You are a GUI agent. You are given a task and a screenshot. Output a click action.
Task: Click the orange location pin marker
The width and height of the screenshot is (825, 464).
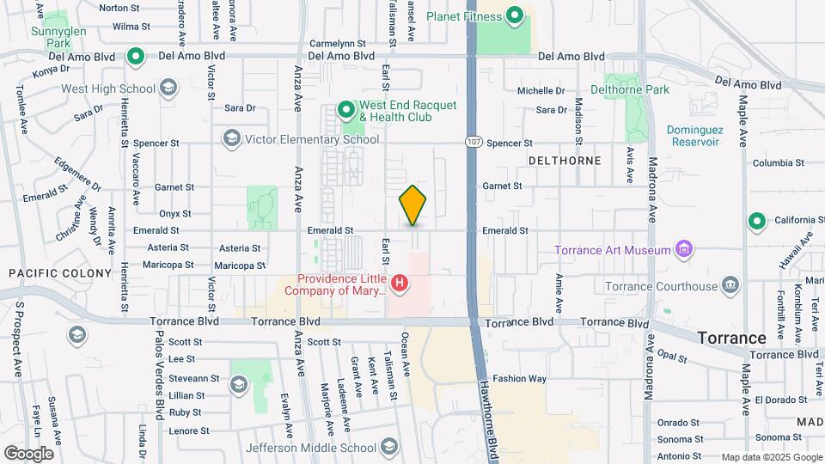412,205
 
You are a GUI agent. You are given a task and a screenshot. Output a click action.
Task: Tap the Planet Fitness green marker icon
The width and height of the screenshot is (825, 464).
515,15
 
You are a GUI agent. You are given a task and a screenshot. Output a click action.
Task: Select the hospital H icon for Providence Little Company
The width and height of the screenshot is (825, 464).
398,282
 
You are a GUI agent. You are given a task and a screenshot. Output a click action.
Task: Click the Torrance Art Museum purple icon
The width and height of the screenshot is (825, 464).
684,250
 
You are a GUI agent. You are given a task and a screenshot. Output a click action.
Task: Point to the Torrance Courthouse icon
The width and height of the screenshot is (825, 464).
730,285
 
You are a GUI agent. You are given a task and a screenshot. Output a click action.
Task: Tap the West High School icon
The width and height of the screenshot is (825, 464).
168,88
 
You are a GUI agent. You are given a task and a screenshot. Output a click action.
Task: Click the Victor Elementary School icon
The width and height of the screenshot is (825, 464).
230,138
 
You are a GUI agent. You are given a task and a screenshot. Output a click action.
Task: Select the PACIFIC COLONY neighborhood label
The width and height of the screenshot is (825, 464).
60,273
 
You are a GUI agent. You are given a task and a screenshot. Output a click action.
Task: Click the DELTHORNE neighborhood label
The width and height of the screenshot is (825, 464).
564,161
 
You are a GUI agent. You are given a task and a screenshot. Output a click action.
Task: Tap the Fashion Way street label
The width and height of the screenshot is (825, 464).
519,378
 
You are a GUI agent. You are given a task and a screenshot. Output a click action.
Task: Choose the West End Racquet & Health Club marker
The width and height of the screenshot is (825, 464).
346,110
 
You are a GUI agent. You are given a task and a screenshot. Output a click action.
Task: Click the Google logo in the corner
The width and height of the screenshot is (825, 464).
28,453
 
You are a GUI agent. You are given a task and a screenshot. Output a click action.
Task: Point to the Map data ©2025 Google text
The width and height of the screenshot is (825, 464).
771,457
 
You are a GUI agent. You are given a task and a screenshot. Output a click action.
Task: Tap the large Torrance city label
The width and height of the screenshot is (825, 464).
731,338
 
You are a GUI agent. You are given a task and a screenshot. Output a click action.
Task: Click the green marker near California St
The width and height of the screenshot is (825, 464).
757,222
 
